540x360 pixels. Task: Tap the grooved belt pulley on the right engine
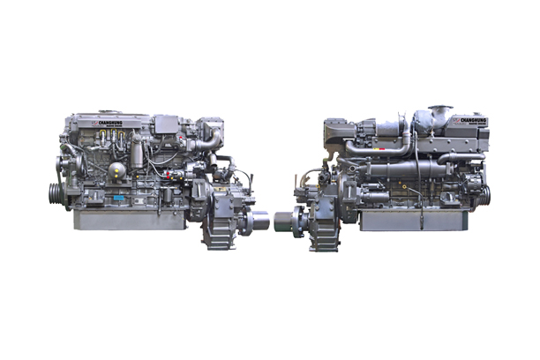[x=484, y=194]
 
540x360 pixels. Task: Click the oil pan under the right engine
[x=406, y=219]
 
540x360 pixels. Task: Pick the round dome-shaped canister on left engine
[x=117, y=172]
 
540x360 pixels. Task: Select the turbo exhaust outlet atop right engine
[x=439, y=114]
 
